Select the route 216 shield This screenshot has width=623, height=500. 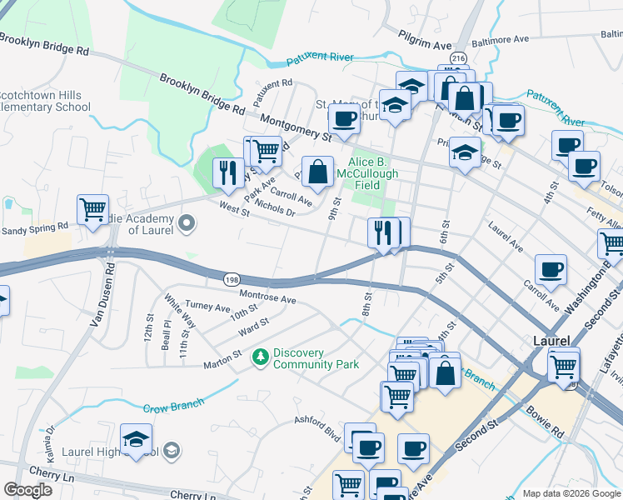coord(457,57)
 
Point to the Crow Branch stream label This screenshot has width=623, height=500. coord(173,407)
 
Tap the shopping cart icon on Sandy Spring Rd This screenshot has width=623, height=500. coord(92,208)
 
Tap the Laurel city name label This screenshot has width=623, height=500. coord(551,342)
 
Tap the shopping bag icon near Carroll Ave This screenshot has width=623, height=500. coord(317,172)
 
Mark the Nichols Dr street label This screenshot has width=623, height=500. coord(275,207)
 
